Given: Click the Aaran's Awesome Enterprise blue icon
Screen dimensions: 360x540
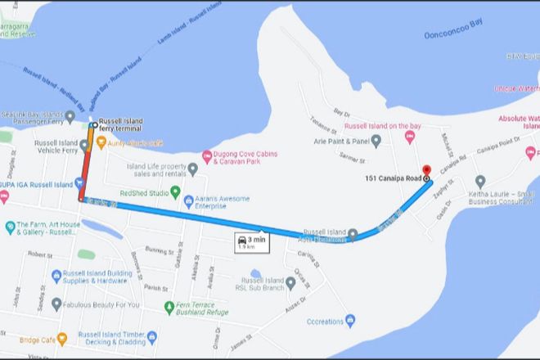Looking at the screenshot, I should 189,200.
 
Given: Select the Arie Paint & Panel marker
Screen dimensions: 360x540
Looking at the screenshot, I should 376,141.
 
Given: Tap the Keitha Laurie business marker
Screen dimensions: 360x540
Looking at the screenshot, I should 480,181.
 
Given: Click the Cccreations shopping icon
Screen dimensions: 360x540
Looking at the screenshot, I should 350,319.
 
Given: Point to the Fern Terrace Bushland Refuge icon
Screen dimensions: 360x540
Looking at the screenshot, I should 169,307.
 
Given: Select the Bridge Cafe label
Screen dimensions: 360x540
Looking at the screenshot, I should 29,337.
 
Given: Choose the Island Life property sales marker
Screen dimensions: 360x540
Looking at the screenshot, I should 192,169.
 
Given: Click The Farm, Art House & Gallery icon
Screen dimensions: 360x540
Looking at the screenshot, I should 8,226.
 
